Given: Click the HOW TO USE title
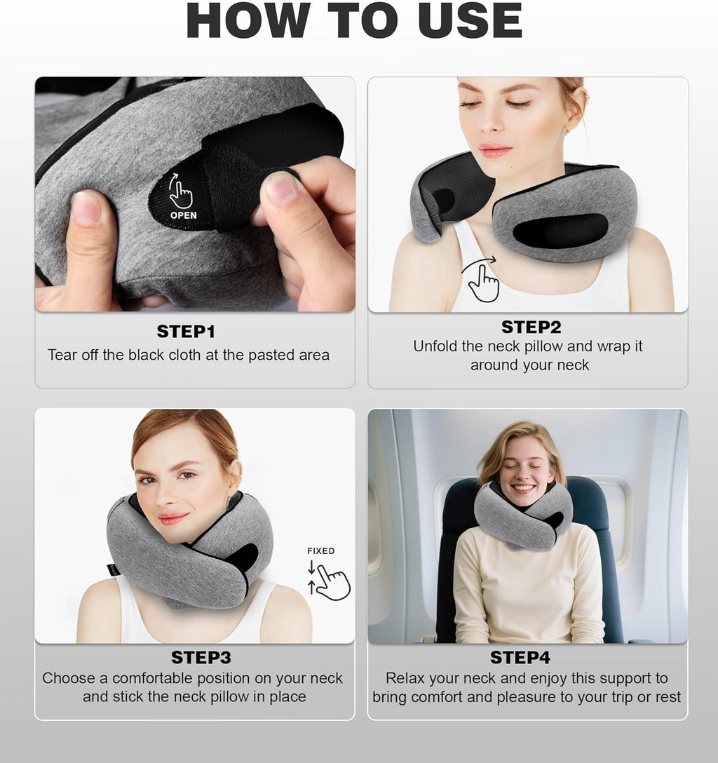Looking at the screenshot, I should [x=354, y=21].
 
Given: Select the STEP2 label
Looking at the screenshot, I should [x=531, y=328].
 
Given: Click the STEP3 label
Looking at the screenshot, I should [x=201, y=658].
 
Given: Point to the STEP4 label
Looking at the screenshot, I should [x=520, y=658].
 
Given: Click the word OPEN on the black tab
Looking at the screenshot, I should [x=184, y=215].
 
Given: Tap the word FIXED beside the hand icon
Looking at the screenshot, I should [x=320, y=551].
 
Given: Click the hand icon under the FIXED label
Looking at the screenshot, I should [x=331, y=582].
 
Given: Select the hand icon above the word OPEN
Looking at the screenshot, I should [x=180, y=193].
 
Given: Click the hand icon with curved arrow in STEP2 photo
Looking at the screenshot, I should [x=482, y=281].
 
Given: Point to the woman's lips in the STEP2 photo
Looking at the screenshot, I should [x=494, y=150].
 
